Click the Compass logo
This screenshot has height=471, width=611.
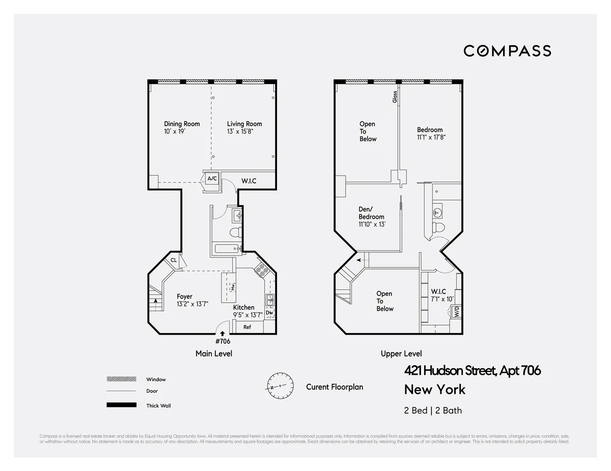507,51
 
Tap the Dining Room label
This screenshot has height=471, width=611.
182,124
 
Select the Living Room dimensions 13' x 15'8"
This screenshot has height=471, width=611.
240,132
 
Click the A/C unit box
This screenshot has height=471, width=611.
212,179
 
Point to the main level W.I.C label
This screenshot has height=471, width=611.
248,181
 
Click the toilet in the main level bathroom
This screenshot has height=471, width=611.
235,232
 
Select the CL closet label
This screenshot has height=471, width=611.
174,260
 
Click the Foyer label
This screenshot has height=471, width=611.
184,297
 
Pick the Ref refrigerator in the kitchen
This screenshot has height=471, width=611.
247,327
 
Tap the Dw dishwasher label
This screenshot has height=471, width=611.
269,313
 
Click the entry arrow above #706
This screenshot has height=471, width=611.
222,333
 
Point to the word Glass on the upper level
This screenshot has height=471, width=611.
395,97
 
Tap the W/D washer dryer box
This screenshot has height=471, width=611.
456,312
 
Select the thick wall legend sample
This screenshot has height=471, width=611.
121,405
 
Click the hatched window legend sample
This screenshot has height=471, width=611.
121,379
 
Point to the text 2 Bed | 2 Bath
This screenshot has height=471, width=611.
433,410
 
